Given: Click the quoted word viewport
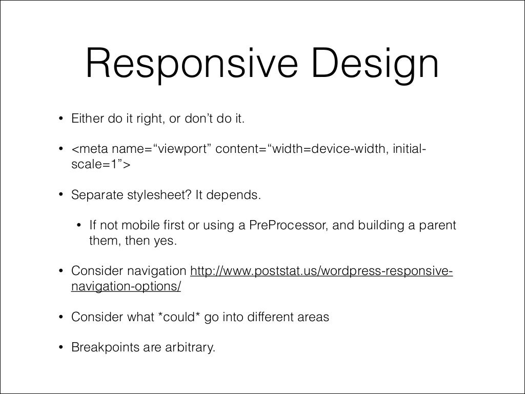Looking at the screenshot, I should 179,149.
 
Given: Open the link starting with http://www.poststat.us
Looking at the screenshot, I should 321,271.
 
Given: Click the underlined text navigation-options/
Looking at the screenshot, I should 126,287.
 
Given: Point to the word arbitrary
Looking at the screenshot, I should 192,347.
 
